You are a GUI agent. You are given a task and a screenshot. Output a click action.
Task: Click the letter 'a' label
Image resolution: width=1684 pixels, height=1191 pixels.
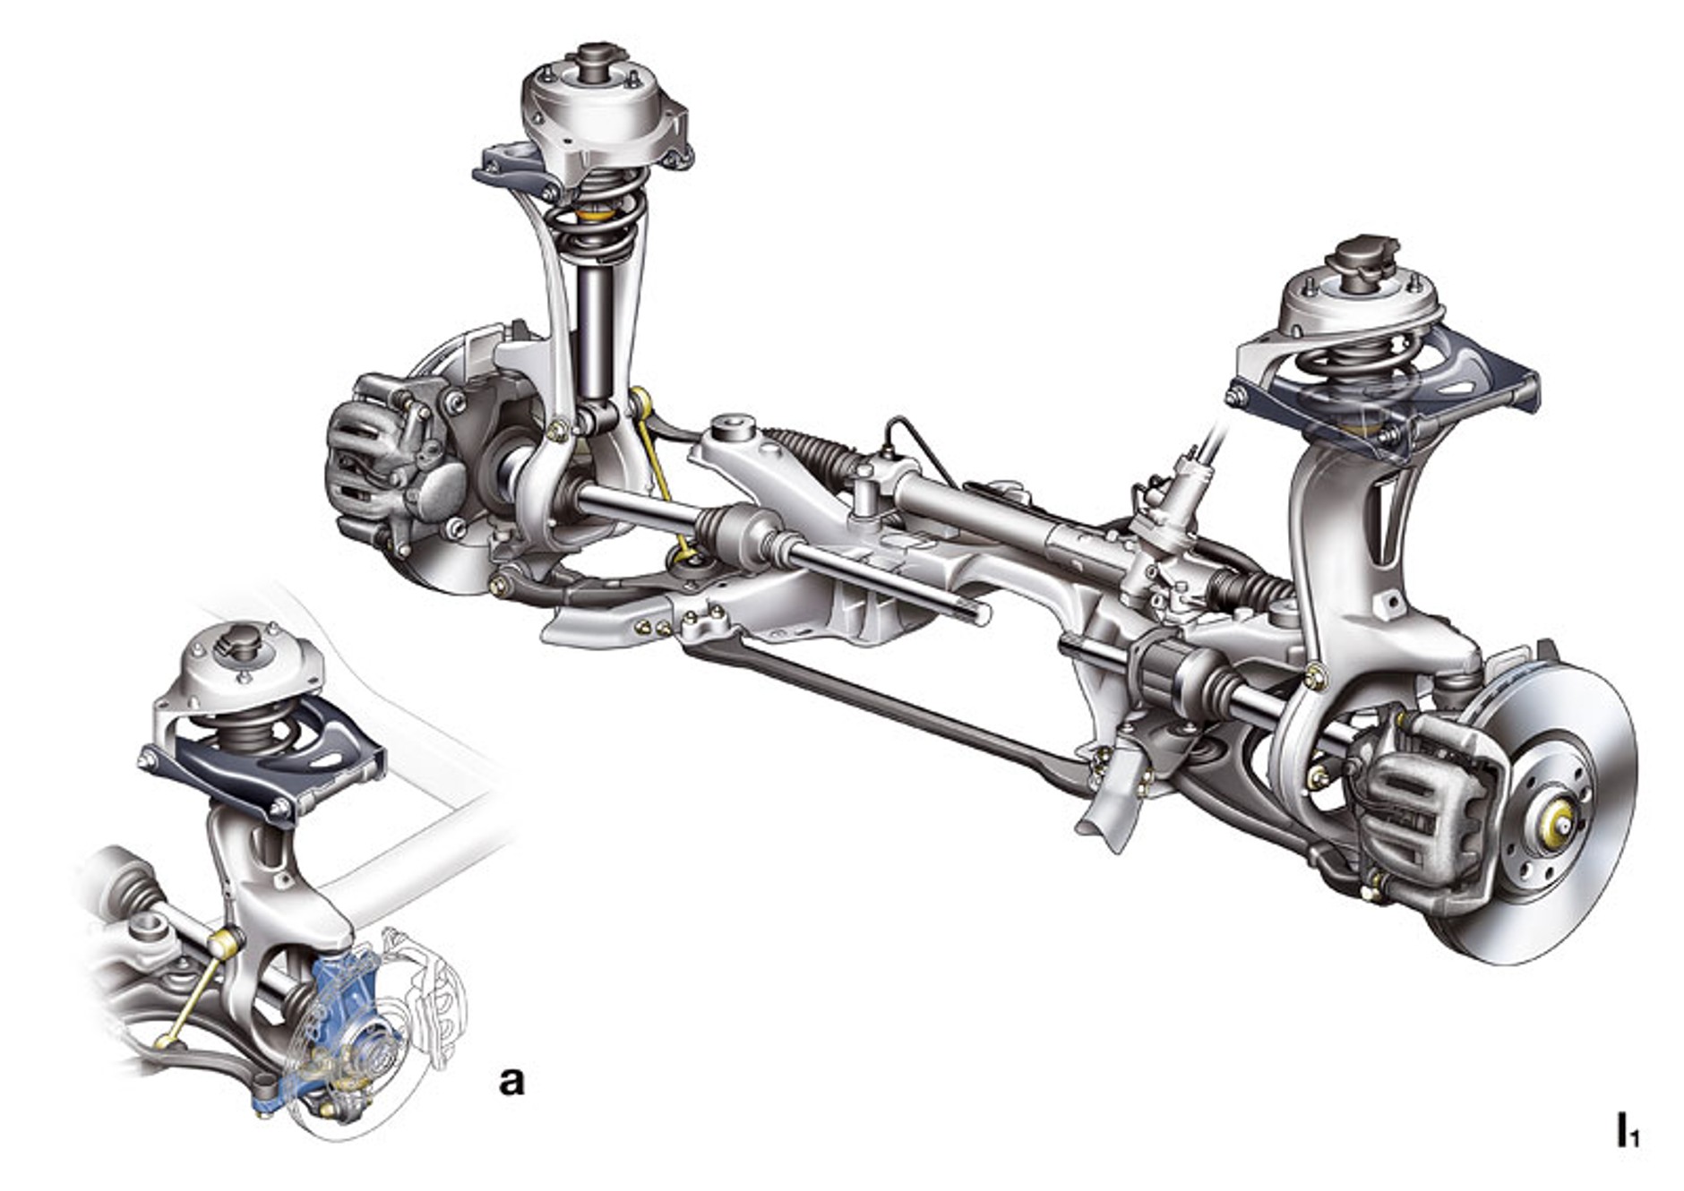coord(511,1081)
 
